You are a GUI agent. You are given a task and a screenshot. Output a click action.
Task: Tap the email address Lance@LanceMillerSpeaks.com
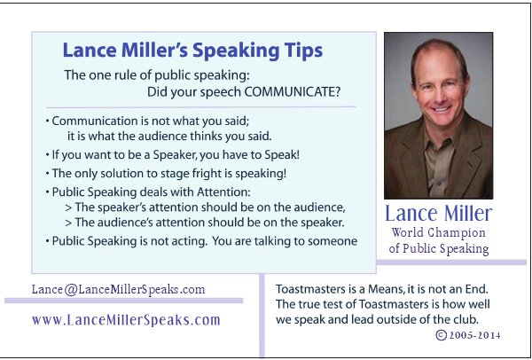118,289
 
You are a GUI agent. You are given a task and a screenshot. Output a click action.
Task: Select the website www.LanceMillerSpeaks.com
125,320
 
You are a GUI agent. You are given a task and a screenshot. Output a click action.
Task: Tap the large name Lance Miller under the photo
438,215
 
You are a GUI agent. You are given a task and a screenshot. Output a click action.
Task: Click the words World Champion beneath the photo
439,232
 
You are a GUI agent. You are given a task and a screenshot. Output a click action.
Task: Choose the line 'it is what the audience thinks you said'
168,136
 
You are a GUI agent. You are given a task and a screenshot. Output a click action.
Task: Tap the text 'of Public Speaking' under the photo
439,249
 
